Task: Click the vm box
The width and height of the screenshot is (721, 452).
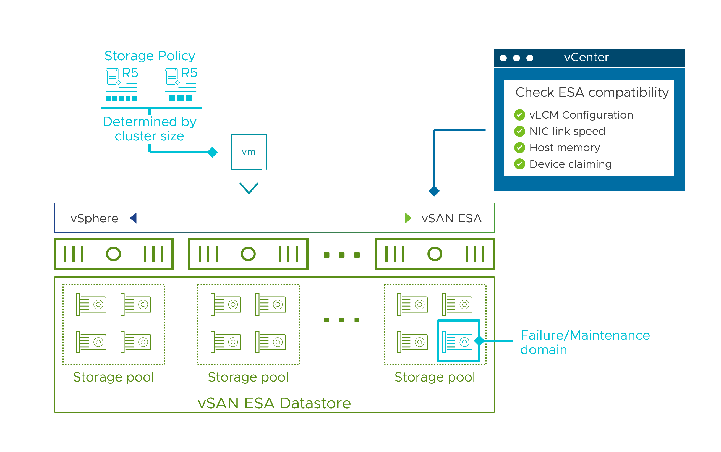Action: (249, 152)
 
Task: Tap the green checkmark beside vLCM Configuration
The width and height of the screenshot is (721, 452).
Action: (519, 115)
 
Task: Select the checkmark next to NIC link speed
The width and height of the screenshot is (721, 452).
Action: (519, 131)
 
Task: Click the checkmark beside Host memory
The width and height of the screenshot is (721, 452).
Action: (519, 147)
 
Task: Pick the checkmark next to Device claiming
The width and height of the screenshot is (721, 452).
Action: (519, 164)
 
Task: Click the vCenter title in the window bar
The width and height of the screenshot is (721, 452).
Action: (586, 58)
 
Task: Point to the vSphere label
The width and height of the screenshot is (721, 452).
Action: (95, 218)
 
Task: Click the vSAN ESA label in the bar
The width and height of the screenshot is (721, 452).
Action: (451, 218)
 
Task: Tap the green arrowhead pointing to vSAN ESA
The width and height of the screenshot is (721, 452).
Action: (408, 218)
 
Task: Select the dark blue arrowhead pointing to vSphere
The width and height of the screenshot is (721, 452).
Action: (133, 218)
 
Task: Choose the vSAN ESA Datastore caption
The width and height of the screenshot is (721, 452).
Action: (274, 403)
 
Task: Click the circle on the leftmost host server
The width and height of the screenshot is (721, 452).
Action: (113, 254)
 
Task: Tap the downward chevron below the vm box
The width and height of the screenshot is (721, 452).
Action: (249, 188)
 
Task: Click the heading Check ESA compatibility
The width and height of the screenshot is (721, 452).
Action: (592, 92)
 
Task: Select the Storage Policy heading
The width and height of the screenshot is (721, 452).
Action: (150, 56)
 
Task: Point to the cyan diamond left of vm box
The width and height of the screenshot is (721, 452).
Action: (212, 152)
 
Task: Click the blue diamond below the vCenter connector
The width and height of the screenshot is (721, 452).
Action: (434, 191)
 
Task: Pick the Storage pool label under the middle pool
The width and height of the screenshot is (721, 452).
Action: (248, 377)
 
